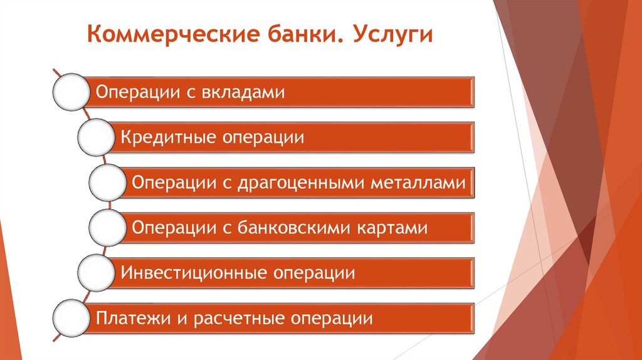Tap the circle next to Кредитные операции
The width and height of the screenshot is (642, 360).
click(x=96, y=137)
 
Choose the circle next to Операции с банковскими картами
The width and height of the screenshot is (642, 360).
click(x=107, y=228)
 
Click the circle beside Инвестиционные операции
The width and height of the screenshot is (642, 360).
click(x=96, y=273)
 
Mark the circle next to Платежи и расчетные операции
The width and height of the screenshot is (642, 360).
click(x=70, y=318)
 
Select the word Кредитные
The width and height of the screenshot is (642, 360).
click(x=164, y=137)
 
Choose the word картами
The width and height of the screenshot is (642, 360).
click(x=392, y=228)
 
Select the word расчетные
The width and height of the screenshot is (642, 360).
click(x=236, y=319)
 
